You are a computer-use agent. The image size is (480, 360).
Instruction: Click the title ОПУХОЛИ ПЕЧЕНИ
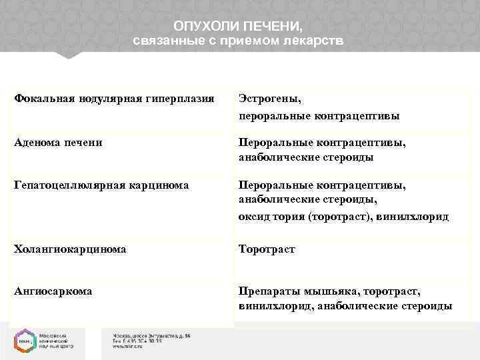point(238,27)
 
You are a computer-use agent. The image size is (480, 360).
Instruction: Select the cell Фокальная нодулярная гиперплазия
point(114,99)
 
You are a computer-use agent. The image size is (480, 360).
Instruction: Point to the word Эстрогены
point(270,99)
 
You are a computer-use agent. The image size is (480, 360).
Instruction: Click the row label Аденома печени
point(58,143)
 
